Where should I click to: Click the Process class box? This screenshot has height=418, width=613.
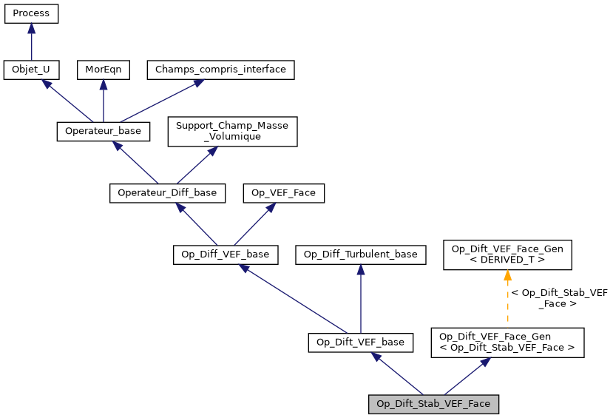click(31, 13)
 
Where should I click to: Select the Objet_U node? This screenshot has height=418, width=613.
click(31, 70)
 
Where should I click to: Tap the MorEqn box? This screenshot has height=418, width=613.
click(103, 70)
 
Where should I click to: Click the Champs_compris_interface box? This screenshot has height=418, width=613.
click(221, 70)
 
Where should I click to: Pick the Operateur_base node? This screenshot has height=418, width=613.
click(104, 131)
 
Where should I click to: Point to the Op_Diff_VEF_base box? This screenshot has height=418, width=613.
click(226, 254)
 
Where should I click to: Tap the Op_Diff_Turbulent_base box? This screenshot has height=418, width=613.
click(360, 254)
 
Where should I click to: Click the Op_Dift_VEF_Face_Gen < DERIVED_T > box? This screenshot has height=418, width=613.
click(507, 254)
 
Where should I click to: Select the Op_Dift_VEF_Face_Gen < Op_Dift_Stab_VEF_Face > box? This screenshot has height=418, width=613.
click(507, 342)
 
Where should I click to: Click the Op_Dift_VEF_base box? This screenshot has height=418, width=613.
click(360, 342)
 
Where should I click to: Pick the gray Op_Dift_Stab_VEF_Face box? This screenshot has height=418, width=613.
click(433, 404)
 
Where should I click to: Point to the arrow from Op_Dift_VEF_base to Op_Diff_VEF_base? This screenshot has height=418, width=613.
click(296, 300)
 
